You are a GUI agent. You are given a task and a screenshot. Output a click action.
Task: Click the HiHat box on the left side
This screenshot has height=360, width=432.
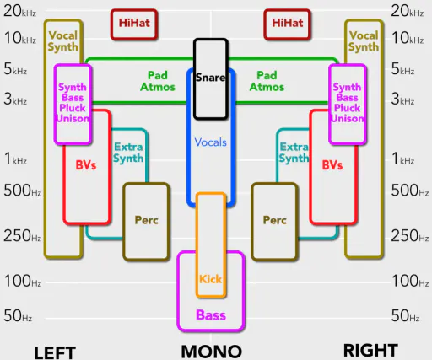134,24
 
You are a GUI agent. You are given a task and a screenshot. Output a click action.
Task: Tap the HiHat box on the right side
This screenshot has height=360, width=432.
288,24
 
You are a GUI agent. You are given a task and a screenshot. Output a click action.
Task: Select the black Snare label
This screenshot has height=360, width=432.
211,78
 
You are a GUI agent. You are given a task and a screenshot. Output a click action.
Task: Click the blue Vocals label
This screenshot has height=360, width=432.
211,142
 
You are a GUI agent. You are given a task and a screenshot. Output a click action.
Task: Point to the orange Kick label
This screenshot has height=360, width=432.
211,279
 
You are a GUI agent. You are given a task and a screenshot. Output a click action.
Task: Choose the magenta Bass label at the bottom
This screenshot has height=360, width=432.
211,315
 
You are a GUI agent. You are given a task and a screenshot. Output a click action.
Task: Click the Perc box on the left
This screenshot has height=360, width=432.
146,222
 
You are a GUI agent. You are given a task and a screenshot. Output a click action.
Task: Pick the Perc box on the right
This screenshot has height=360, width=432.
274,222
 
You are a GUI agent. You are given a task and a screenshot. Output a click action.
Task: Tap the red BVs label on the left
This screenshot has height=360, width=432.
86,165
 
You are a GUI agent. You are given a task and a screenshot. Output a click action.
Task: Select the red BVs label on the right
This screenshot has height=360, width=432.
332,165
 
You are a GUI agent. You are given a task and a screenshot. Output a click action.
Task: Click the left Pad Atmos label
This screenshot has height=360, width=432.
158,81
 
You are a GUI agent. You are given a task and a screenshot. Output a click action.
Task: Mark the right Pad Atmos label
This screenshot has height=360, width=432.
267,81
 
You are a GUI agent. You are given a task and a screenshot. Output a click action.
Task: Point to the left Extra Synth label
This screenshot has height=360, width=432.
128,153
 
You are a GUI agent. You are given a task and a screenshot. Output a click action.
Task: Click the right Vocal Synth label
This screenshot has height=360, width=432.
364,41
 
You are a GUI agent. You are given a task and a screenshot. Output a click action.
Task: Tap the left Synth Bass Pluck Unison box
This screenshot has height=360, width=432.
73,105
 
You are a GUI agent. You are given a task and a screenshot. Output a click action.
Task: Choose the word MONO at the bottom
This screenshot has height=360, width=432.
212,352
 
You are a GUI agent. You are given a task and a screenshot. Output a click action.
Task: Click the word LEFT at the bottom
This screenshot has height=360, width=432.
55,352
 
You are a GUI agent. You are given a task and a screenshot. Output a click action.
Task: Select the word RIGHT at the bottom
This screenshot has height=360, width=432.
370,350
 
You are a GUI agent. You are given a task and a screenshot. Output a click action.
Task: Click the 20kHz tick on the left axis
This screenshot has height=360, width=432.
19,11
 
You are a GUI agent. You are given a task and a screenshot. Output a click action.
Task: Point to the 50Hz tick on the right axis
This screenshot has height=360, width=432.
405,315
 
